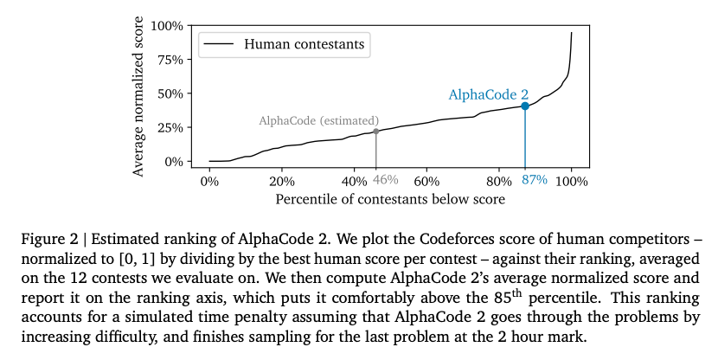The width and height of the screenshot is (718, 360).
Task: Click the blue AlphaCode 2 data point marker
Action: tap(525, 106)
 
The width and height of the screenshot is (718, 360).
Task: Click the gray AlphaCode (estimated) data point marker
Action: tap(375, 132)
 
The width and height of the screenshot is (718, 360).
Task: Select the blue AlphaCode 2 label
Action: tap(488, 94)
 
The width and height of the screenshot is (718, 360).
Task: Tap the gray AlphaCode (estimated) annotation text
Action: tap(318, 120)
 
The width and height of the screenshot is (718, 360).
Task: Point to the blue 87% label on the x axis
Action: tap(535, 181)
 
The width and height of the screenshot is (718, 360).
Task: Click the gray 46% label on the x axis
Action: tap(385, 181)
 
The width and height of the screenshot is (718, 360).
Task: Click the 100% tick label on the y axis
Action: tap(166, 26)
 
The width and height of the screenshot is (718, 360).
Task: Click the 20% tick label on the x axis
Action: tap(282, 181)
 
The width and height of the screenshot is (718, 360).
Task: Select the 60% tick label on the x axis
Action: tap(426, 181)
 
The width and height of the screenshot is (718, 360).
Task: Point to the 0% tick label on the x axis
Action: tap(209, 181)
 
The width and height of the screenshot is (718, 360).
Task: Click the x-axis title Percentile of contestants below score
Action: tap(390, 199)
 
